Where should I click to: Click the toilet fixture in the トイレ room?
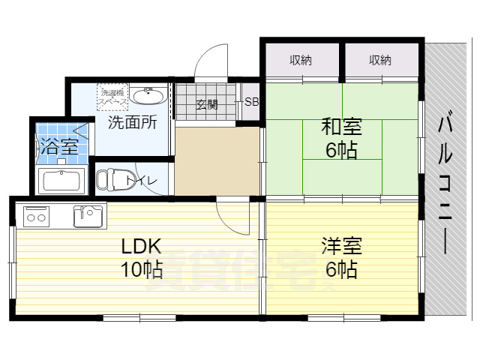point(110,180)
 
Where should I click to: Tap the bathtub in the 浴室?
point(64,181)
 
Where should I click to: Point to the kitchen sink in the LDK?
point(88,215)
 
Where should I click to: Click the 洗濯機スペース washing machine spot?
point(114,96)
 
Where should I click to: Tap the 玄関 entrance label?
point(207,104)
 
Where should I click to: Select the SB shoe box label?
point(251,103)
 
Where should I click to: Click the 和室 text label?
point(340,125)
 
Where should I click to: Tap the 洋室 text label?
point(342,245)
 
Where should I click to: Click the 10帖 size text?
point(142,269)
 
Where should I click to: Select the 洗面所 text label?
point(132,122)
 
